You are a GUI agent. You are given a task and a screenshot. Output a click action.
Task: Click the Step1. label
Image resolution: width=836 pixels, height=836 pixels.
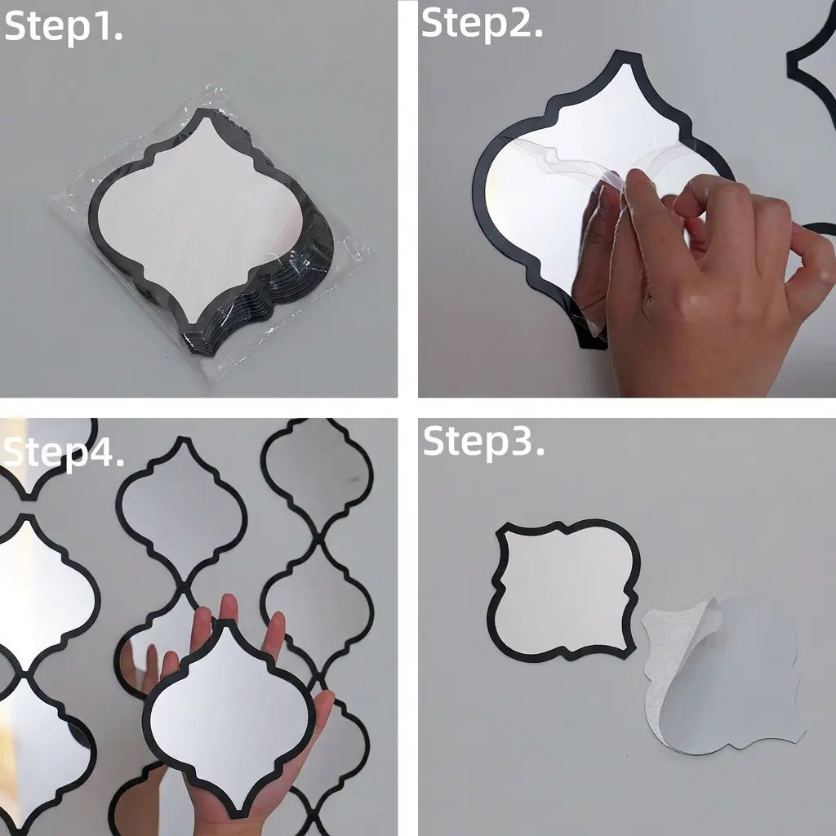pyautogui.click(x=64, y=27)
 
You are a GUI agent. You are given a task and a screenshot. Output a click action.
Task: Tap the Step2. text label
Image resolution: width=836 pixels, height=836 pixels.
pyautogui.click(x=482, y=24)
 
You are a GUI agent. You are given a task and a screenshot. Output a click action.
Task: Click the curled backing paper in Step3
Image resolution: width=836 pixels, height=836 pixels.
pyautogui.click(x=723, y=674)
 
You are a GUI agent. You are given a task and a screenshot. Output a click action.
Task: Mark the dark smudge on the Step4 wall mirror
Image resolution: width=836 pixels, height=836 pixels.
pyautogui.click(x=352, y=480)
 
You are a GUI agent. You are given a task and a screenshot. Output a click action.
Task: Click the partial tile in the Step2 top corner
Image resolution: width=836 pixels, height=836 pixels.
pyautogui.click(x=812, y=64)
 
